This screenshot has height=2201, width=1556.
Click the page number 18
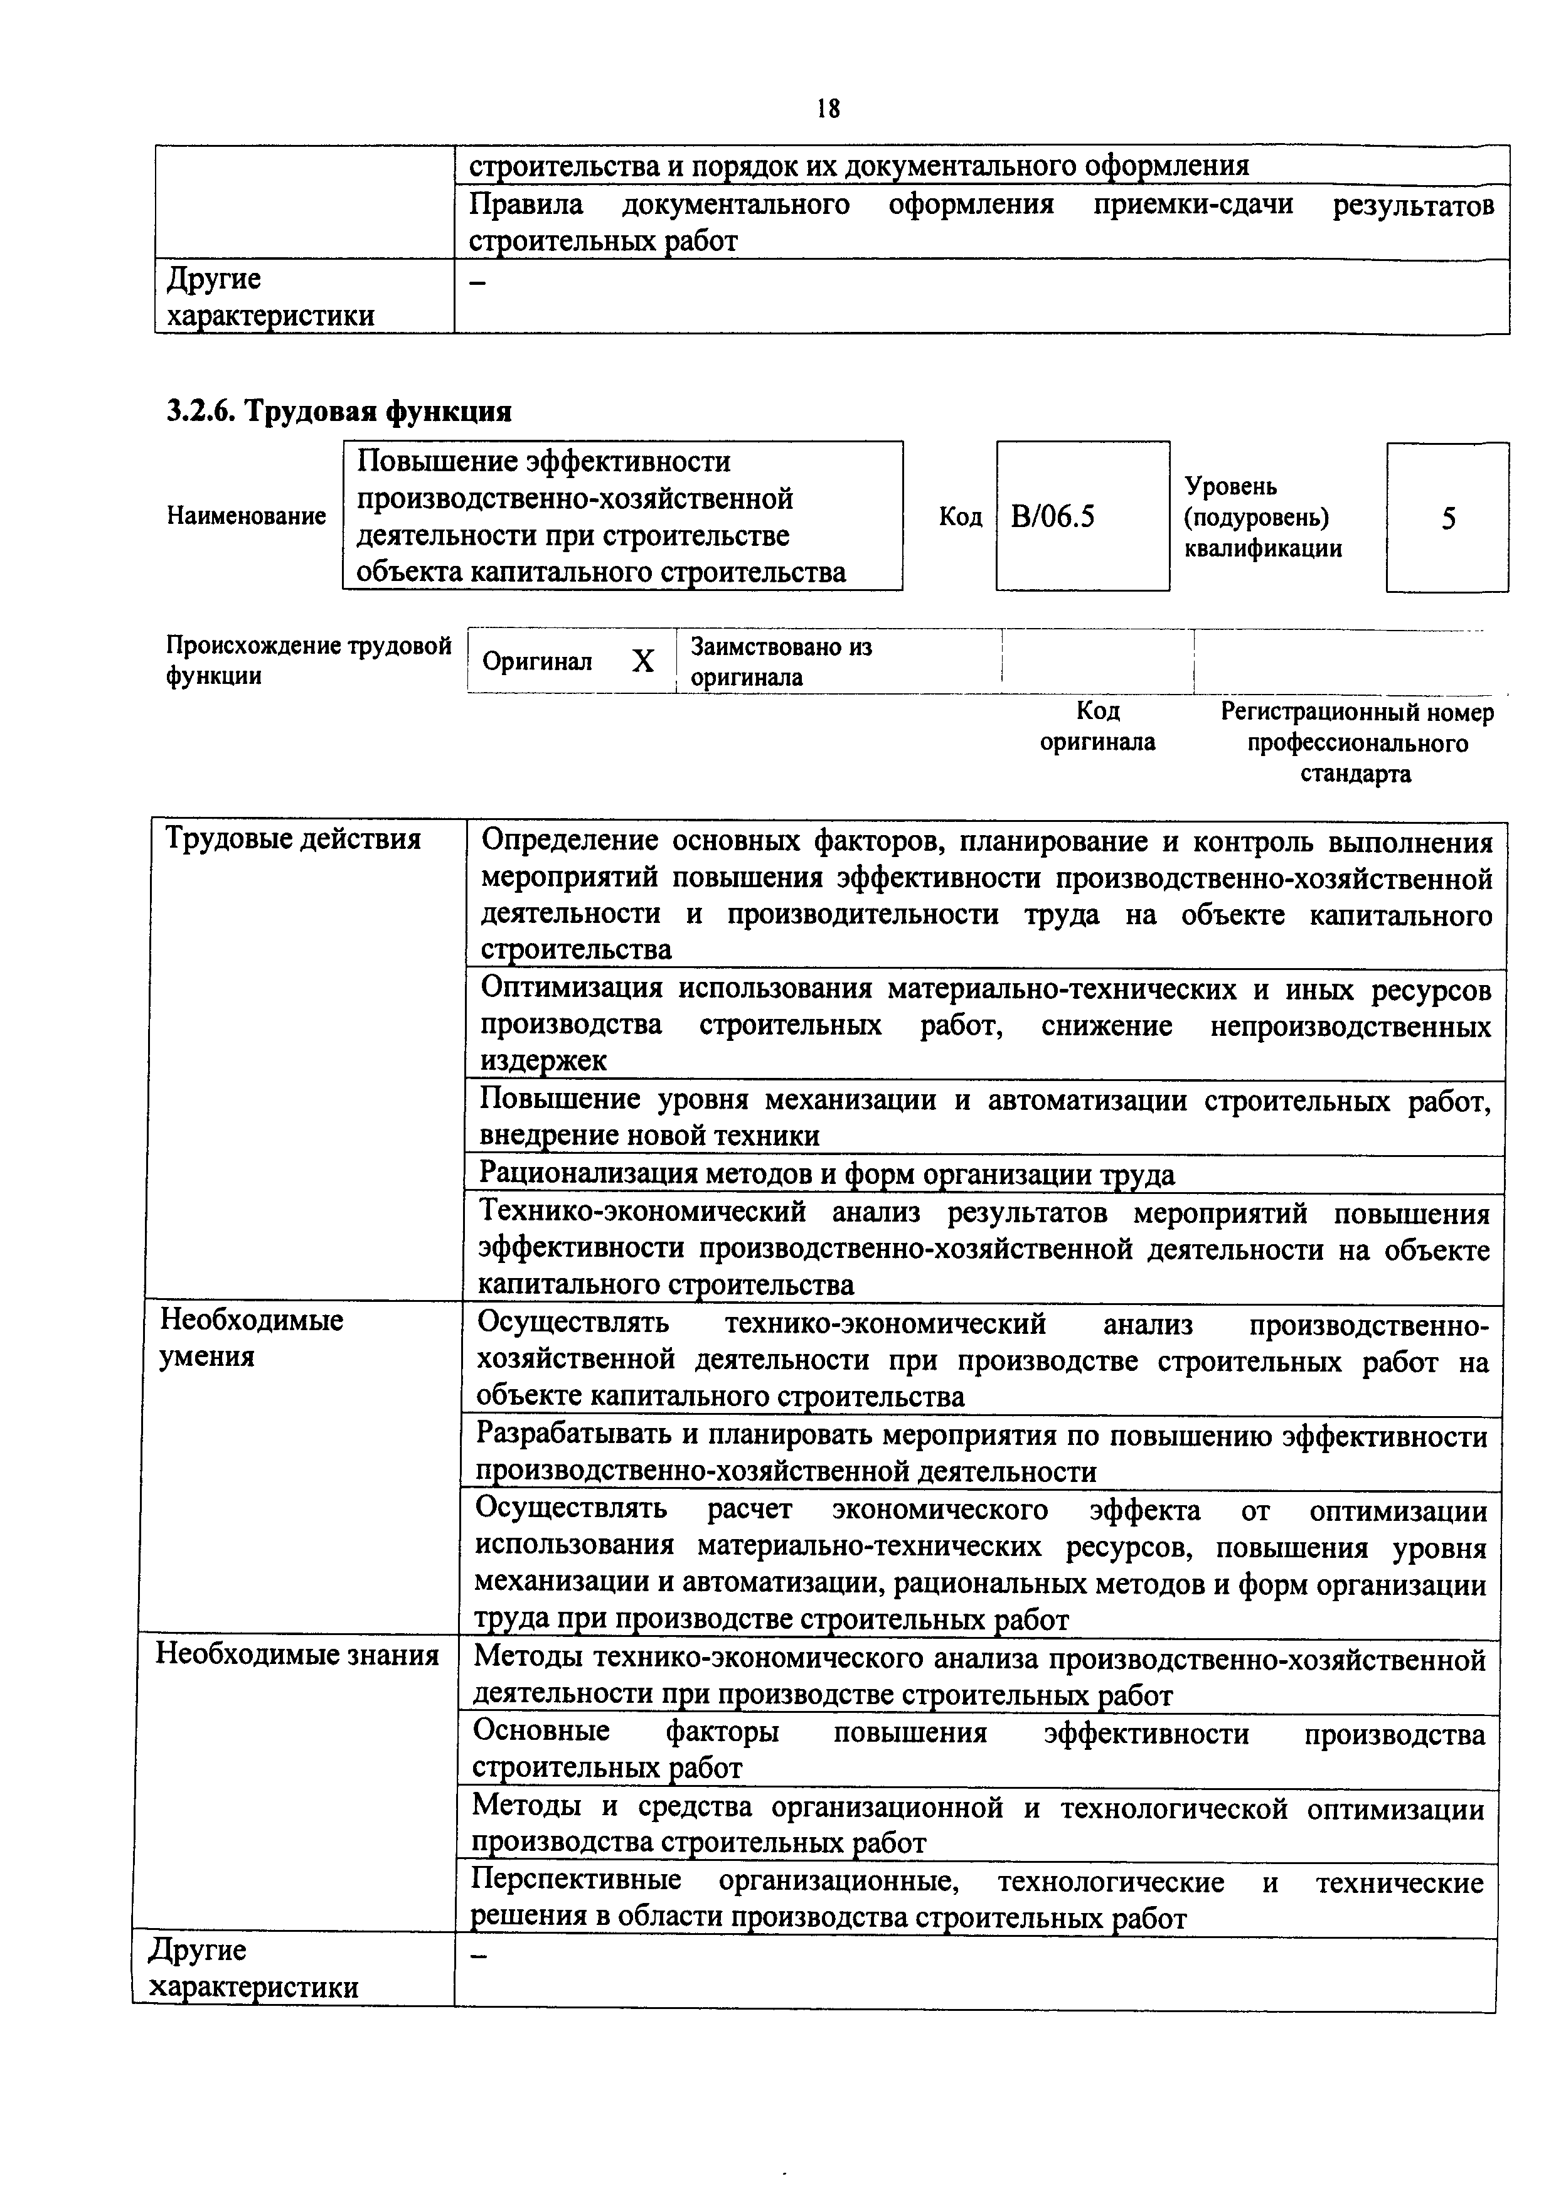pos(828,109)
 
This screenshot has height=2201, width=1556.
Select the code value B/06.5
pos(1053,518)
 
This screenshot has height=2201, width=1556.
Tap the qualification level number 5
pos(1447,519)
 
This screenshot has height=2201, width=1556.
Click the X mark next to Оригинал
pos(643,661)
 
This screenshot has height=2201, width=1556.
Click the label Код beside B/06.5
pos(960,518)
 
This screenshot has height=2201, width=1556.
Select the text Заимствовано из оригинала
pos(781,661)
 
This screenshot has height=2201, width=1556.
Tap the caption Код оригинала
pos(1098,726)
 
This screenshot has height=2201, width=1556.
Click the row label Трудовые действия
pos(292,839)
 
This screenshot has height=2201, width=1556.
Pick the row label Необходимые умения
pos(250,1338)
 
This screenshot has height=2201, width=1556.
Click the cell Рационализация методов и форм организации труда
pos(826,1175)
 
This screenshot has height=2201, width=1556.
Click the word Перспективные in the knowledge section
pos(576,1882)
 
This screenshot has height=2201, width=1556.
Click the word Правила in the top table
pos(525,204)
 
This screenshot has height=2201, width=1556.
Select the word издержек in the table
pos(543,1061)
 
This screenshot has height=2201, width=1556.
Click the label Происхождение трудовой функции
pos(307,661)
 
